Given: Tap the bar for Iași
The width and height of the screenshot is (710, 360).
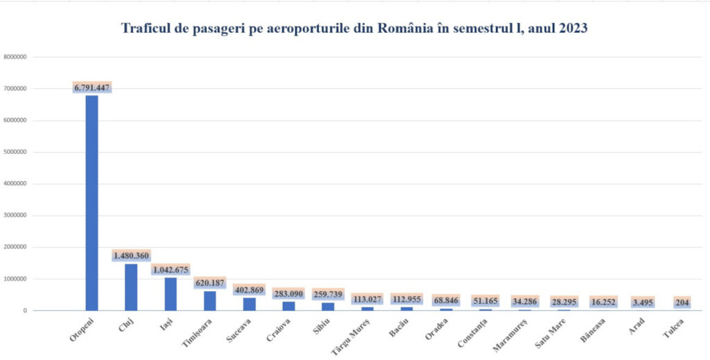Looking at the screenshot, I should click(171, 294).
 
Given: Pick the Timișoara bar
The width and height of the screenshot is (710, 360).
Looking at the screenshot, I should click(209, 300).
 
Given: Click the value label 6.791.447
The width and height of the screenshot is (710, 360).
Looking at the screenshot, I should click(92, 87).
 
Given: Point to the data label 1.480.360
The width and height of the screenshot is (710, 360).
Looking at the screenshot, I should click(131, 256).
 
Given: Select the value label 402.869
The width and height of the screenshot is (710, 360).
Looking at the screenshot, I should click(249, 289).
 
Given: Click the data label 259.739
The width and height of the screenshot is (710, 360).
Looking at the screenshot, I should click(327, 294).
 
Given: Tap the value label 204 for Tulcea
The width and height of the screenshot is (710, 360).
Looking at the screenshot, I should click(682, 302).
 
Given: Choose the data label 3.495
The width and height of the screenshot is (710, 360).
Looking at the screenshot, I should click(643, 302).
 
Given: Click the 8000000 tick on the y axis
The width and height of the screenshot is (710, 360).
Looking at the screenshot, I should click(15, 57).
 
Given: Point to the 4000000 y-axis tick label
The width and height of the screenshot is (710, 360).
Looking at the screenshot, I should click(15, 184).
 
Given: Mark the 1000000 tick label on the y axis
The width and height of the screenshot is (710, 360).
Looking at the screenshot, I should click(15, 279).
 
